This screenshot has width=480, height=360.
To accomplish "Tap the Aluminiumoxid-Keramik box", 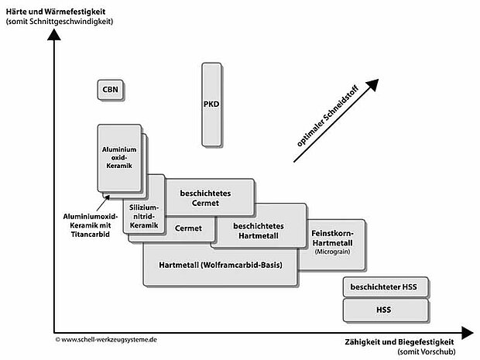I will coord(119,157).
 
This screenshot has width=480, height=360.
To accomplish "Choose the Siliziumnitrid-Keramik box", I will coord(146,206).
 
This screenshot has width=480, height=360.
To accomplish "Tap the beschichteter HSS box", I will coord(383,287).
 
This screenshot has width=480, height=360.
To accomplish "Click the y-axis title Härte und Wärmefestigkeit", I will coord(55,9).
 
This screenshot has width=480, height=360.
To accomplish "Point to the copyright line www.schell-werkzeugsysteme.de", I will coord(109,339).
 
